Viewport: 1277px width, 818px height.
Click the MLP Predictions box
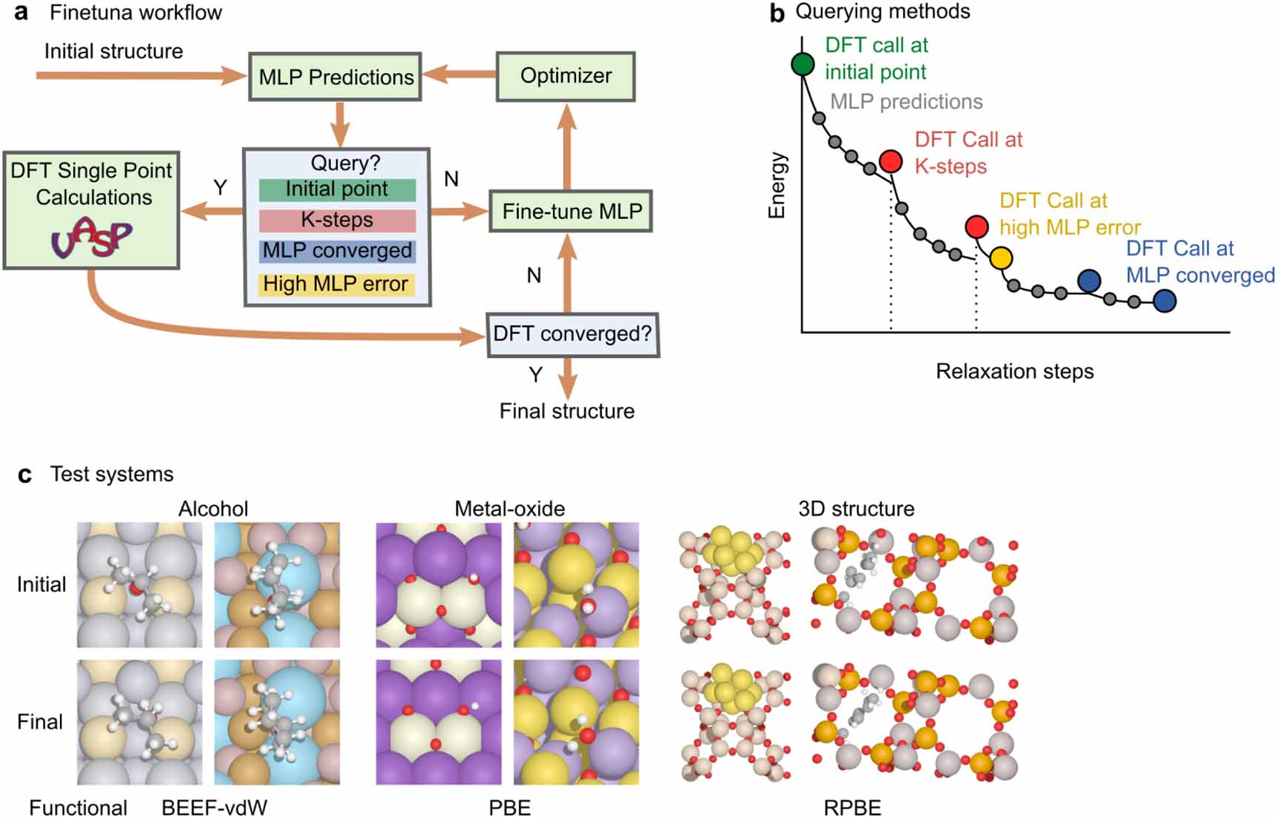point(335,77)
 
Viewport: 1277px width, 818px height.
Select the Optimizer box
point(566,76)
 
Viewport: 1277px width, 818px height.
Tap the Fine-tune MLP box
point(571,212)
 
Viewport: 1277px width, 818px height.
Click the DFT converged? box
point(572,334)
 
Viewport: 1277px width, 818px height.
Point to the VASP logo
point(91,238)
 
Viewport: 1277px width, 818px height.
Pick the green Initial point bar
point(337,189)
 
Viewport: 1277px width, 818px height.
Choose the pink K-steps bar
point(337,220)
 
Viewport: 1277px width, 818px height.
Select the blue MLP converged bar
point(337,251)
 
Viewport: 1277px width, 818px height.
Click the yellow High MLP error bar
point(336,284)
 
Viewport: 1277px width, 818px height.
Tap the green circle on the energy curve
point(803,64)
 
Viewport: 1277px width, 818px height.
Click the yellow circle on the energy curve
point(1001,258)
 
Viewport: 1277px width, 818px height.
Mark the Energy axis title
point(776,185)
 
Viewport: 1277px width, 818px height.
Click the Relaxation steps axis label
point(1014,371)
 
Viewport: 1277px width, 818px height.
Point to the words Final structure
point(566,411)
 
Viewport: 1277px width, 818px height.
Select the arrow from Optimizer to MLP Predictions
point(459,75)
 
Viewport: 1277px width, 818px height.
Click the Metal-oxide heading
point(509,509)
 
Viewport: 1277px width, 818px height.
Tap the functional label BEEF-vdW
point(214,808)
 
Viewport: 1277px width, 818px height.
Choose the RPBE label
point(852,808)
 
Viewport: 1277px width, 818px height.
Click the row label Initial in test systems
point(41,584)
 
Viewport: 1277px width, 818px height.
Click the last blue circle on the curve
point(1164,301)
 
